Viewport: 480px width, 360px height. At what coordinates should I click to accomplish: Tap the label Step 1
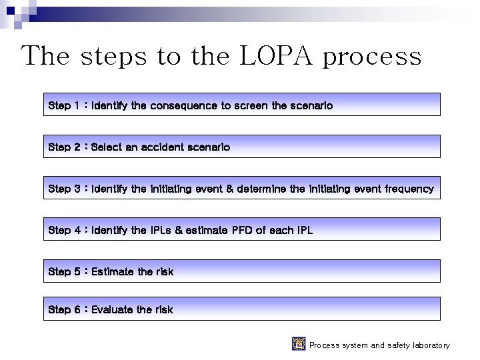(64, 105)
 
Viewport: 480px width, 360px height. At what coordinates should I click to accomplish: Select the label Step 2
(64, 147)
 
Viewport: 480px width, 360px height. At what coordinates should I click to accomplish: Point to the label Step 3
(64, 189)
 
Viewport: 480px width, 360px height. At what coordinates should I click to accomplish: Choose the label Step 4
(64, 230)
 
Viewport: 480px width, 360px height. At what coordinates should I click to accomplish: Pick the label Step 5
(64, 271)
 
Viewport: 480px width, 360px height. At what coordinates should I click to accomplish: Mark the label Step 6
(64, 309)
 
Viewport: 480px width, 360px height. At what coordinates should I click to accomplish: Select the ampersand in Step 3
(230, 189)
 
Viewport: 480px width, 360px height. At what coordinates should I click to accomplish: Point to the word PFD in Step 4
(239, 230)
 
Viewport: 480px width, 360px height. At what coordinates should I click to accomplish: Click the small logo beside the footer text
(299, 344)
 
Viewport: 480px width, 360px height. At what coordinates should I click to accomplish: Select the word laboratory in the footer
(427, 345)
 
